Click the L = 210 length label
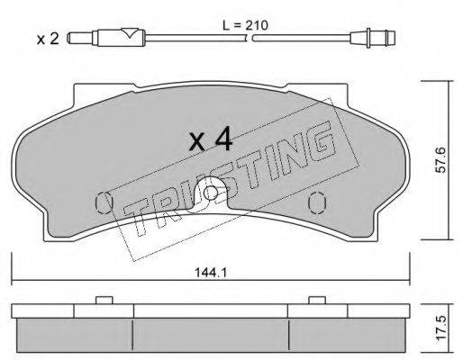tap(245, 25)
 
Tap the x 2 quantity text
tap(48, 39)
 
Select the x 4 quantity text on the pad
tap(211, 139)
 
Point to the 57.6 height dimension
tap(441, 159)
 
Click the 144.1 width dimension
tap(211, 273)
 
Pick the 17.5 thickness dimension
tap(441, 328)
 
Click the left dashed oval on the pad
tap(104, 202)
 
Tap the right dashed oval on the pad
tap(317, 202)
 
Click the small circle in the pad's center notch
tap(211, 193)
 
